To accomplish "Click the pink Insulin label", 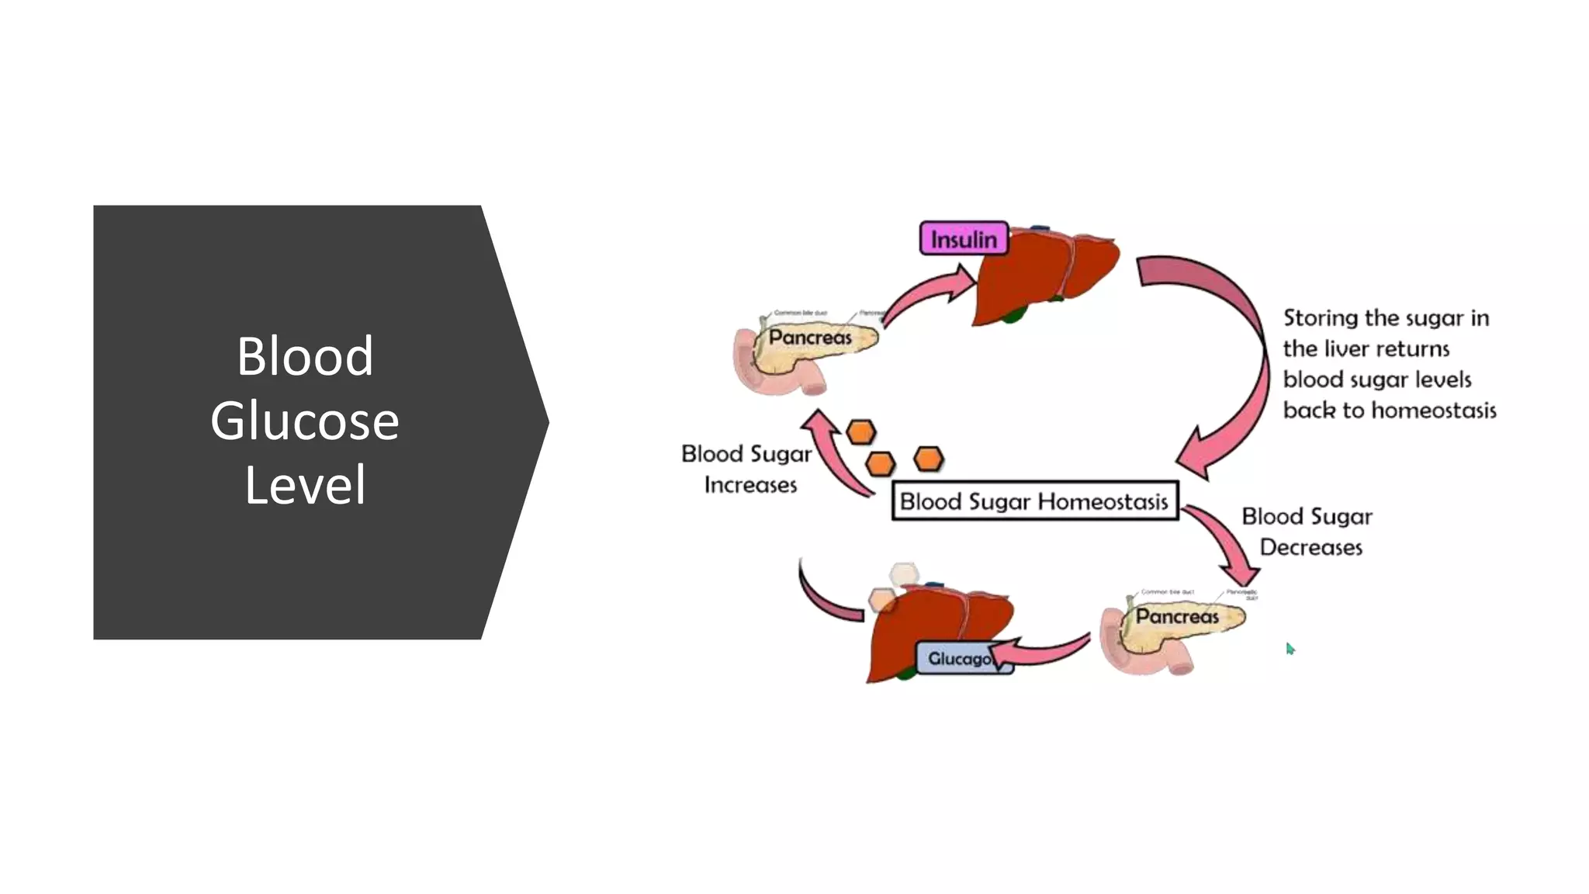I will [x=964, y=239].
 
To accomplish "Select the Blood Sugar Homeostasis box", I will [x=1034, y=501].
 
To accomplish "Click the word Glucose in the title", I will [x=304, y=421].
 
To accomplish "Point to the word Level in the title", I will [x=304, y=486].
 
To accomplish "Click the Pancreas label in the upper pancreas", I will [x=810, y=338].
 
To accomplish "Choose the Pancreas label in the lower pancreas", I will [x=1177, y=616].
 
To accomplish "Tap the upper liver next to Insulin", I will [x=1040, y=275].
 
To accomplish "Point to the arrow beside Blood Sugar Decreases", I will [x=1226, y=543].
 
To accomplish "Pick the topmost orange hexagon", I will [x=860, y=432].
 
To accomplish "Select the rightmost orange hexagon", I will [x=929, y=459].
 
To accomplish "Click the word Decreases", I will [x=1310, y=548].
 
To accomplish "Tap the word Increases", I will [x=750, y=485].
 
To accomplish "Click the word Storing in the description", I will [x=1320, y=318].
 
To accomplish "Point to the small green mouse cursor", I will [x=1290, y=648].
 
